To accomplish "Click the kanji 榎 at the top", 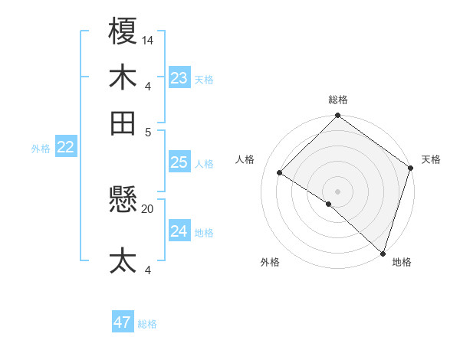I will [123, 32].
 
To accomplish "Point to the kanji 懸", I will [123, 201].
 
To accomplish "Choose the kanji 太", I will [123, 260].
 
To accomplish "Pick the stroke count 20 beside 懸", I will [148, 208].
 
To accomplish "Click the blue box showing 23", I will [179, 78].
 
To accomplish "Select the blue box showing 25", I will [179, 162].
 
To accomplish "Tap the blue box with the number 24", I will [179, 231].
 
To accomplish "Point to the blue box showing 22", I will [65, 148].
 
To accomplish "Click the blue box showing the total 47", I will [123, 322].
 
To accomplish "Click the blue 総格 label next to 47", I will [147, 324].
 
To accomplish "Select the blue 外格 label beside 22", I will [41, 149].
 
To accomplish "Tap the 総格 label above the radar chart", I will [337, 100].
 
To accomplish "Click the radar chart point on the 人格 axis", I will [280, 172].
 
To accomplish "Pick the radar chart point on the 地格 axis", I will [383, 252].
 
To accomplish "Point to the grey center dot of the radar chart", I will [337, 191].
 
